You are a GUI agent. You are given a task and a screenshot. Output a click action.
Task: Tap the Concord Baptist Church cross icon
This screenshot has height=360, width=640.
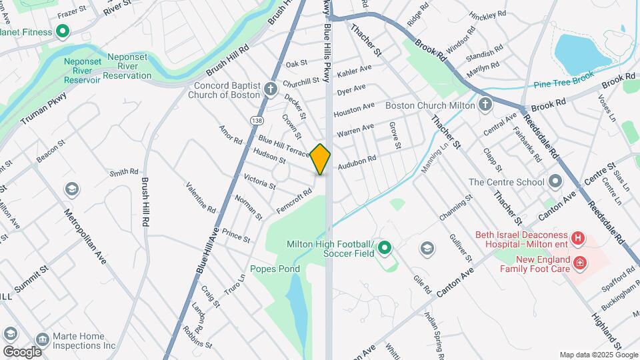click(x=270, y=89)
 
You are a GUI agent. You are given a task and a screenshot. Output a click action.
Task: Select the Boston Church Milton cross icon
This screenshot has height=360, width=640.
click(x=485, y=105)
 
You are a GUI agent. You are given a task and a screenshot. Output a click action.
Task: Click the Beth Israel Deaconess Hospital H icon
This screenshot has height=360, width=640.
click(x=578, y=237)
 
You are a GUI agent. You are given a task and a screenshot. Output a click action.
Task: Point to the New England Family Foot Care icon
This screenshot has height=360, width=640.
click(x=580, y=263)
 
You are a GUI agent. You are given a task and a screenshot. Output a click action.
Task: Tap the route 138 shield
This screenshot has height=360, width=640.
click(x=257, y=120)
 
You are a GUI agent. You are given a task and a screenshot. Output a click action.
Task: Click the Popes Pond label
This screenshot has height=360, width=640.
click(x=275, y=269)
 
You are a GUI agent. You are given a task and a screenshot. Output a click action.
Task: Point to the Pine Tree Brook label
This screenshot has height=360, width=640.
click(x=563, y=85)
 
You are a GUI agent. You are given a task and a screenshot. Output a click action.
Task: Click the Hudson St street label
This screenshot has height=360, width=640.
click(x=269, y=156)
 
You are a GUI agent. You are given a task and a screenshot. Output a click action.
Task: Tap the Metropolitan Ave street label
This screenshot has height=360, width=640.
click(x=85, y=236)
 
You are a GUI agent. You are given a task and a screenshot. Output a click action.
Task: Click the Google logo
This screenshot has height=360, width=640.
click(x=22, y=351)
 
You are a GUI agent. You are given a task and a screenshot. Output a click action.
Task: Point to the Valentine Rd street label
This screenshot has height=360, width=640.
click(x=201, y=197)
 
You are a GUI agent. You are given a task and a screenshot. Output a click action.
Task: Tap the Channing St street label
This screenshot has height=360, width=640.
click(x=455, y=208)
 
